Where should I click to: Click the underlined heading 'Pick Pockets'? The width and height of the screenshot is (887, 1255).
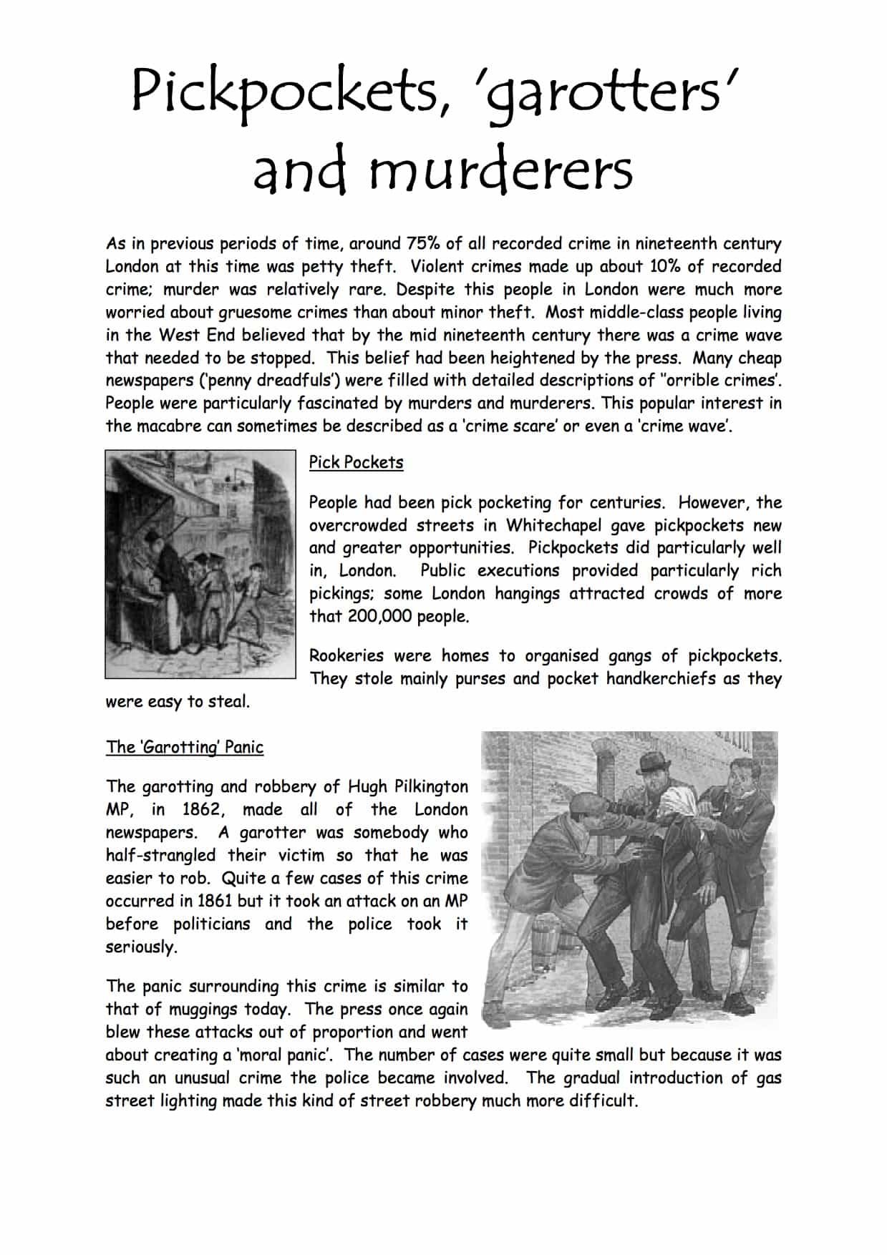(356, 462)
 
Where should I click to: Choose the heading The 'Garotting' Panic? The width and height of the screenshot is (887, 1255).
(185, 747)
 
